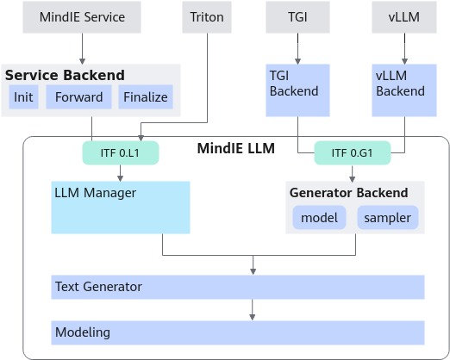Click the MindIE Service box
(x=82, y=17)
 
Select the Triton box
(x=207, y=17)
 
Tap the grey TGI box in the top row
(x=297, y=17)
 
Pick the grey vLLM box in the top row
(x=404, y=17)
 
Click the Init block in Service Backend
(x=23, y=97)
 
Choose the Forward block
(x=78, y=97)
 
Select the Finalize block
(x=146, y=97)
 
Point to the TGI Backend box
(x=297, y=90)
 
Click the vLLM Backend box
(x=404, y=90)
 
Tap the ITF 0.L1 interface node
(x=121, y=152)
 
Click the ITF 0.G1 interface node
(x=353, y=152)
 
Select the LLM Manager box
(x=121, y=208)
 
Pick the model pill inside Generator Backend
(x=319, y=218)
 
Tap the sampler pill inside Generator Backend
(x=388, y=218)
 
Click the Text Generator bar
(x=238, y=287)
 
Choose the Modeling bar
(x=238, y=332)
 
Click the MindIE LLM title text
(x=236, y=149)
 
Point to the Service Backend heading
(x=65, y=75)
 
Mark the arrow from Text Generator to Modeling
(x=253, y=310)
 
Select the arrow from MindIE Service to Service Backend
(x=82, y=49)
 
